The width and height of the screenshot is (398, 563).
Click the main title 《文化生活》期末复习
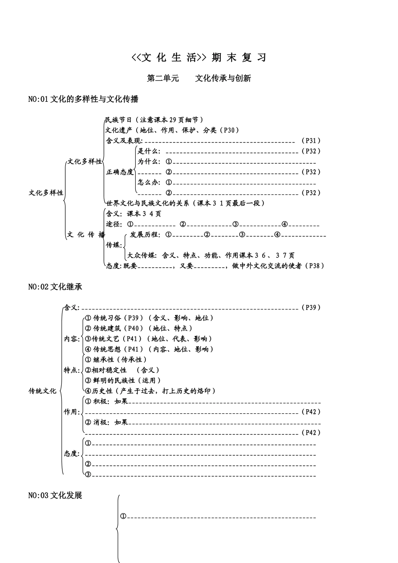tap(199, 58)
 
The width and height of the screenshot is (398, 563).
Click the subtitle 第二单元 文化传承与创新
tap(199, 78)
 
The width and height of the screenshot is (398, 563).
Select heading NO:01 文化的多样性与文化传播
tap(83, 99)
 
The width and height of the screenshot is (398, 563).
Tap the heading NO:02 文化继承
tap(55, 287)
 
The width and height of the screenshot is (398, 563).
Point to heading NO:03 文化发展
tap(55, 496)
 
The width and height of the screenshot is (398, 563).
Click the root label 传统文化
tap(42, 391)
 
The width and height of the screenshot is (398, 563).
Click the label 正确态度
tap(120, 172)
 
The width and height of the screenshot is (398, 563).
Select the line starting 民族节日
tap(154, 120)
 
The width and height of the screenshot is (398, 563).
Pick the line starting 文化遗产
tap(172, 130)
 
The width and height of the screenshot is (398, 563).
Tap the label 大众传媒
tap(142, 255)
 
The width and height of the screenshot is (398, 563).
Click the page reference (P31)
tap(311, 141)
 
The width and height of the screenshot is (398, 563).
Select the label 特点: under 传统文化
tap(72, 370)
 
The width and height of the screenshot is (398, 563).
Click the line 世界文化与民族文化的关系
tap(185, 203)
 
